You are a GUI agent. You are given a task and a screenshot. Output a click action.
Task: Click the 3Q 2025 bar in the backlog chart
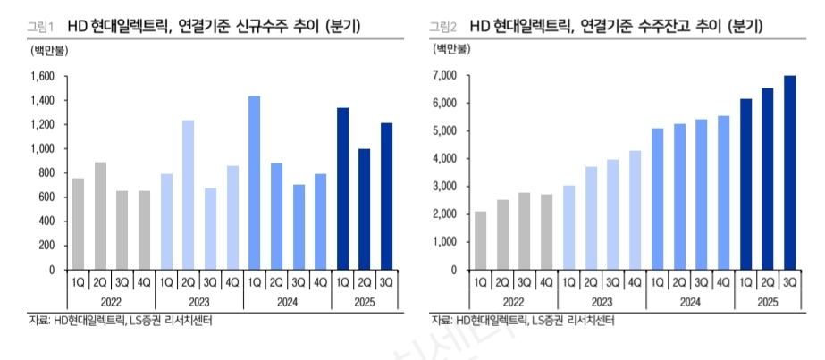click(789, 172)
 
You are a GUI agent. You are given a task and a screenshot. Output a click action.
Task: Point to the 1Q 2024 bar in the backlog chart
click(657, 199)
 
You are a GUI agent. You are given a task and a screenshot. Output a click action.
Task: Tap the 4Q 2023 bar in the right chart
click(635, 210)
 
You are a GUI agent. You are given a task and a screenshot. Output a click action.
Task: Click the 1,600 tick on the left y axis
click(41, 76)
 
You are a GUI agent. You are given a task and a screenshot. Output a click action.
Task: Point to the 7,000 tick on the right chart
click(444, 76)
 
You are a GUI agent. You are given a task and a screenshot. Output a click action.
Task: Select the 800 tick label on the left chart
click(46, 172)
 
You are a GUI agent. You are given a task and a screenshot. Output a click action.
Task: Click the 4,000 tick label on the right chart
click(444, 159)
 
